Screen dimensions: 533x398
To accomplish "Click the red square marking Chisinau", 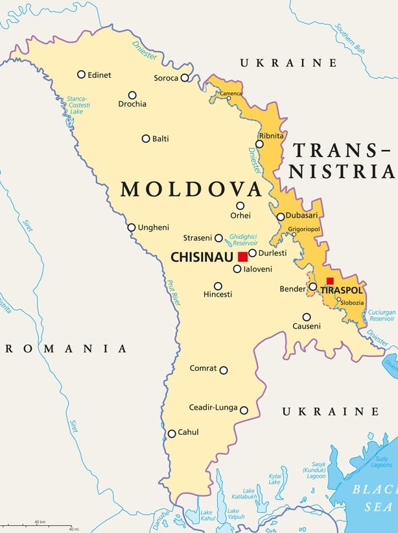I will point(242,256).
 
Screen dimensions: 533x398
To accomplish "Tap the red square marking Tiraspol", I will point(330,281).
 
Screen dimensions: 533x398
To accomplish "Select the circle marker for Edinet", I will point(81,75).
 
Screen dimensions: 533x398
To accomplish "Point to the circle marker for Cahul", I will point(172,434).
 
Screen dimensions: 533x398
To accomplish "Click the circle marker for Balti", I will point(146,138).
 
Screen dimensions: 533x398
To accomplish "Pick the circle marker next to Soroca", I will point(185,78).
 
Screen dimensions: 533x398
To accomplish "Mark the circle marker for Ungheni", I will point(132,227).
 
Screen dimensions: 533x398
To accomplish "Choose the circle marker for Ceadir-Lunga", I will point(244,410).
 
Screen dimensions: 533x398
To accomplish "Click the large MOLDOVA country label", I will point(191,190).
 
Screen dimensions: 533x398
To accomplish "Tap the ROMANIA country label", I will point(65,349).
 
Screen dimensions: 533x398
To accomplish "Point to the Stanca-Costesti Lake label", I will point(78,105).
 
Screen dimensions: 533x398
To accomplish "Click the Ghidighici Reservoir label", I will point(244,240).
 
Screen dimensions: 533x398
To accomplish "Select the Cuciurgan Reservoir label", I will point(381,316).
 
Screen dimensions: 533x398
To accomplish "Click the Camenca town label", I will point(231,93).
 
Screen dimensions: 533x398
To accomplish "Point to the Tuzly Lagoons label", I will point(381,462).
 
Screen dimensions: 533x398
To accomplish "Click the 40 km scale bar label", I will point(40,521).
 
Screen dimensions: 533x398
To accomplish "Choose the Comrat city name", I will point(203,368).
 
